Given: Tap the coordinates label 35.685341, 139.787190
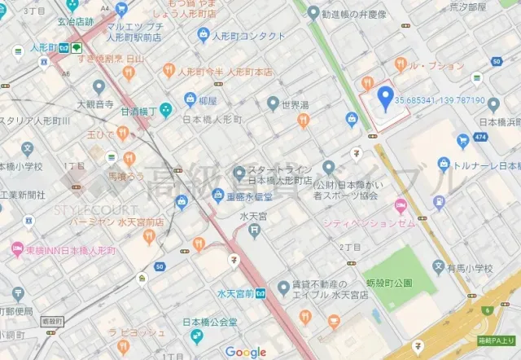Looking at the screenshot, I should [x=440, y=101].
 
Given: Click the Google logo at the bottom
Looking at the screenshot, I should [x=246, y=352].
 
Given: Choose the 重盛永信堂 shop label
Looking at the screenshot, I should [x=259, y=196].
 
